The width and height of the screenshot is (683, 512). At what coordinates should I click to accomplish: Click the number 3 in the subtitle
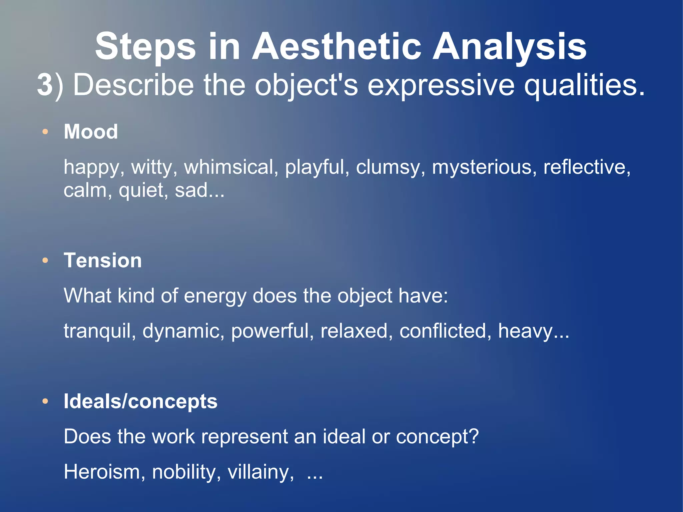click(x=45, y=85)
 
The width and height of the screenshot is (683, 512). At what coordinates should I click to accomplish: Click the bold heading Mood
click(x=91, y=131)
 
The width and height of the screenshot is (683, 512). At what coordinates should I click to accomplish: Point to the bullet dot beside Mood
click(x=45, y=132)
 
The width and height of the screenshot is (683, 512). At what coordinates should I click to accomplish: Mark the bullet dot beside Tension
click(x=45, y=261)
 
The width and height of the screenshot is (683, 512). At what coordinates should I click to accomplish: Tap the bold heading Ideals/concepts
click(x=140, y=401)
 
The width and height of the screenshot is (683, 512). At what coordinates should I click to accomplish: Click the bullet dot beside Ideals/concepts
click(x=45, y=402)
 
